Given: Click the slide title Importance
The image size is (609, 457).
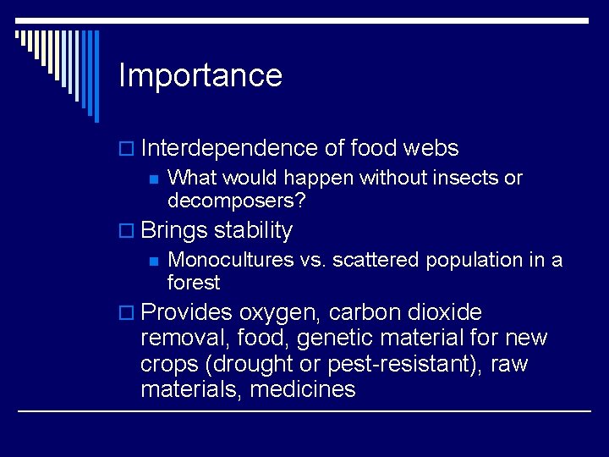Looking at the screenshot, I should [x=200, y=76].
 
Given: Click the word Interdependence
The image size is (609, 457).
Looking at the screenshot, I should [x=229, y=149].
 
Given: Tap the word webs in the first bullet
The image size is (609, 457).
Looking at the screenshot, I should [x=431, y=149].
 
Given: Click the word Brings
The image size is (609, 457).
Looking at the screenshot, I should [x=174, y=230].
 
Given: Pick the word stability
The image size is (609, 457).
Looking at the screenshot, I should [x=254, y=230].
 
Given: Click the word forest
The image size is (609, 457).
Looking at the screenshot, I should [x=194, y=282].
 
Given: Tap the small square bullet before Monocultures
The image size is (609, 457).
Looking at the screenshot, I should [x=153, y=261].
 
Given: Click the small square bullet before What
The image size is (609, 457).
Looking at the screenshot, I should [x=153, y=179].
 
